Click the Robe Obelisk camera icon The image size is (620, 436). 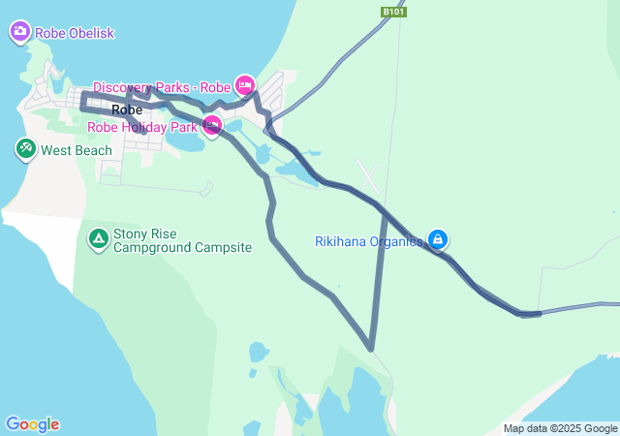[19, 32]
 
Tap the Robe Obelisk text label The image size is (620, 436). [75, 33]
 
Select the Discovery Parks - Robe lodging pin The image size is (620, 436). [245, 85]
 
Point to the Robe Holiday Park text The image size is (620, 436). [141, 126]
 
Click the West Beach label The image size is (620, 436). [77, 150]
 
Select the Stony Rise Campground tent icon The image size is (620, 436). [98, 238]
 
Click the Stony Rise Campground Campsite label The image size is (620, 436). [182, 240]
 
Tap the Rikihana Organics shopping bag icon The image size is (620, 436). [438, 238]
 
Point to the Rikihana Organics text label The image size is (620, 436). [369, 241]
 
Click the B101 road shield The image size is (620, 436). [393, 12]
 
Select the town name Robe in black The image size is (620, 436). [127, 109]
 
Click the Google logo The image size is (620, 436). [32, 424]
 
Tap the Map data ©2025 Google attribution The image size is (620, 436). [560, 428]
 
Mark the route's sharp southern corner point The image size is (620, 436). [371, 347]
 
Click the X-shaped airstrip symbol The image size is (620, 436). [369, 175]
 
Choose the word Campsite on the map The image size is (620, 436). [224, 248]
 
